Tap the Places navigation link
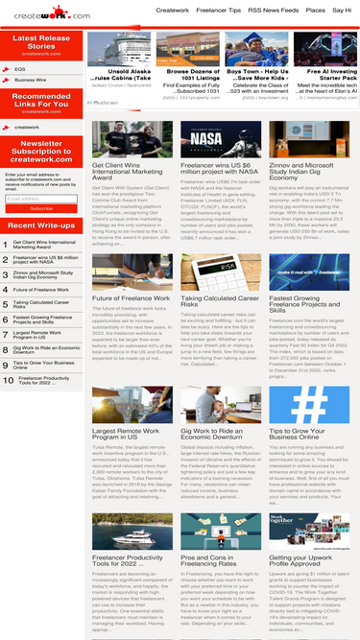pyautogui.click(x=316, y=10)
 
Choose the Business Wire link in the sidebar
pyautogui.click(x=31, y=80)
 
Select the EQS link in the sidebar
pyautogui.click(x=20, y=69)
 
